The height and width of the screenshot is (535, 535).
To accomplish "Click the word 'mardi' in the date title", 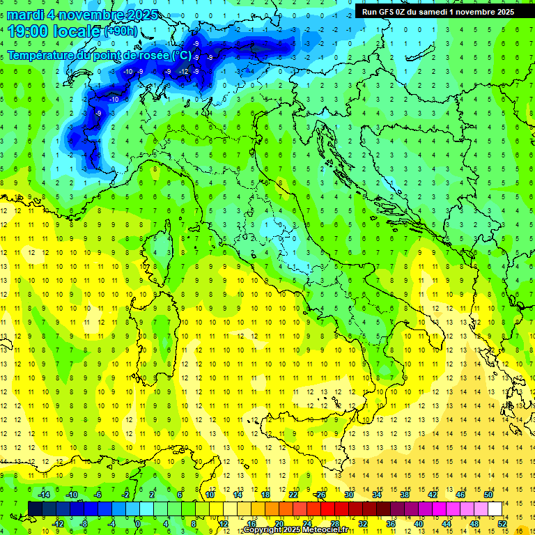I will point(26,14).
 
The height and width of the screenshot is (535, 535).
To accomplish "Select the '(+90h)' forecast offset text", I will point(120,31).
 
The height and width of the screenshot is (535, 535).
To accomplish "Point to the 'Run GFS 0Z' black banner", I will point(437,11).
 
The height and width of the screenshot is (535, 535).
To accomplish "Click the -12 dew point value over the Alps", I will point(183,71).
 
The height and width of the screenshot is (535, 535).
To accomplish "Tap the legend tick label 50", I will point(488,495).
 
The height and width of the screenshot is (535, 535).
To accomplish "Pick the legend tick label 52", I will point(502,524).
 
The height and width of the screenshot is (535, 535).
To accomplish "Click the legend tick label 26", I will point(320,495).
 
